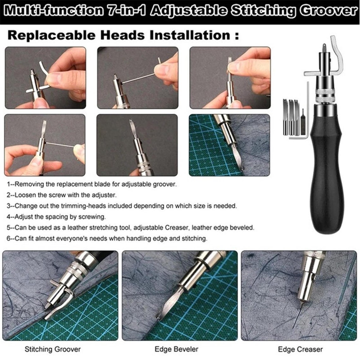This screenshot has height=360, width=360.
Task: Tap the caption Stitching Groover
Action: click(53, 349)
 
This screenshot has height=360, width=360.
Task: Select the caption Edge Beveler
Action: click(177, 349)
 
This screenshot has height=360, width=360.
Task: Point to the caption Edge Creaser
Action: click(300, 349)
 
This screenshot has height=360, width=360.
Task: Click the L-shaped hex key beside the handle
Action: click(306, 111)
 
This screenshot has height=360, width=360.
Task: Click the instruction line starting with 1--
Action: click(92, 184)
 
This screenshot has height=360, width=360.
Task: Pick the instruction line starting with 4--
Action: click(56, 217)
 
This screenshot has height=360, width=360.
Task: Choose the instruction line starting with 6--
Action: click(107, 238)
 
